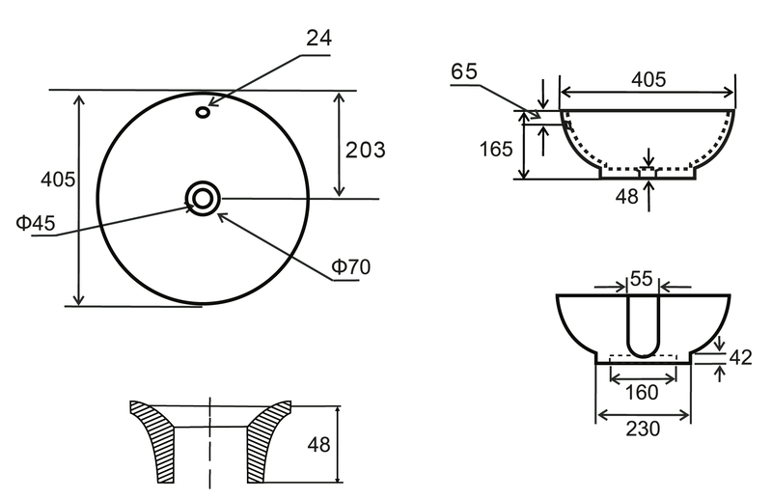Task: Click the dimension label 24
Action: click(x=319, y=38)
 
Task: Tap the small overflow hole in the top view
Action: click(x=203, y=112)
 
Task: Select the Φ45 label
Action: click(x=36, y=223)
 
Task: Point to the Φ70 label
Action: click(x=350, y=266)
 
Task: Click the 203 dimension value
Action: click(x=366, y=150)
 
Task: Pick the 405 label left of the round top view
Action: click(x=58, y=180)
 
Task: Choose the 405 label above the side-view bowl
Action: click(x=648, y=79)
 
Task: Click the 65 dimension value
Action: click(x=464, y=71)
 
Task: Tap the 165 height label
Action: click(x=496, y=149)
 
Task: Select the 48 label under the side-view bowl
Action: click(x=626, y=197)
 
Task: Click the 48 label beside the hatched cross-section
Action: click(x=318, y=445)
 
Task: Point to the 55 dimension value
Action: click(x=641, y=279)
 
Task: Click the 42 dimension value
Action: click(x=740, y=358)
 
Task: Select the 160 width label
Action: click(x=642, y=393)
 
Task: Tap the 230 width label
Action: click(x=643, y=429)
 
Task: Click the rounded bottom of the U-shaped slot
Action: click(x=643, y=350)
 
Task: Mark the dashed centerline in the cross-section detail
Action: click(x=210, y=442)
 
